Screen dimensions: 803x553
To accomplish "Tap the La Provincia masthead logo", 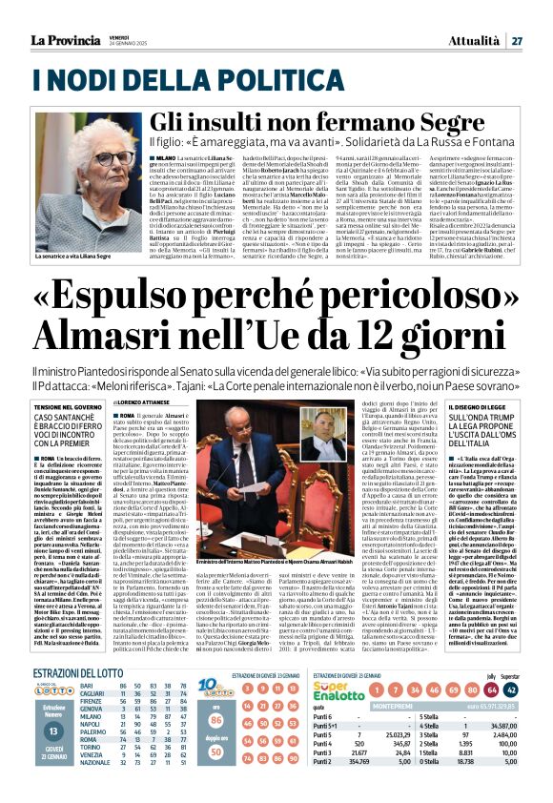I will coord(67,39).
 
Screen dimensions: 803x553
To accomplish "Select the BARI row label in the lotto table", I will coord(87,712).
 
